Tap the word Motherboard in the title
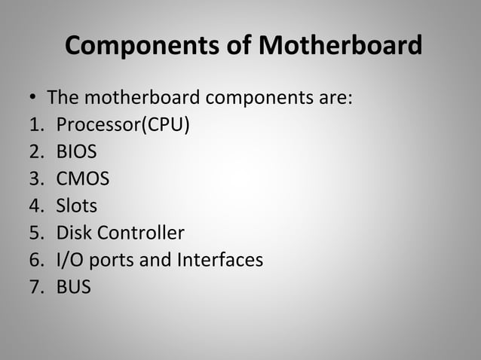341,47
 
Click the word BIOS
76,152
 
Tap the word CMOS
83,178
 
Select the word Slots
77,206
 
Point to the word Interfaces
220,260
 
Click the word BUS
74,287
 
